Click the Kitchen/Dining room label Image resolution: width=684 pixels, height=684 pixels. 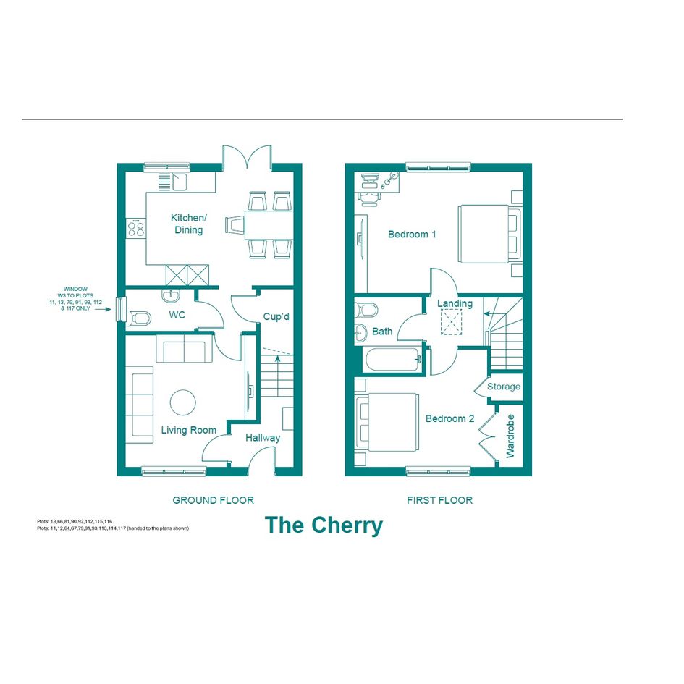pos(188,224)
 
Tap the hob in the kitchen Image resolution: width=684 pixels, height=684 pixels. pos(136,228)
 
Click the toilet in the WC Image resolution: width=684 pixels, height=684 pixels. pos(138,318)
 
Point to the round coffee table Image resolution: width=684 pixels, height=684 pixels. pos(183,402)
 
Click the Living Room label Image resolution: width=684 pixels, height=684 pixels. pos(188,430)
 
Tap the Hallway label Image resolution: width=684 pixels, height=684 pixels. pos(263,438)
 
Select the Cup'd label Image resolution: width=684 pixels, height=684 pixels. pos(276,316)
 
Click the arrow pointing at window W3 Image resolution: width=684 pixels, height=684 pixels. pos(103,309)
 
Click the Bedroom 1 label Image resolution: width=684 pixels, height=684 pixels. pos(412,235)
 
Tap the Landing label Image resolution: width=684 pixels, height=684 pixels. pos(455,303)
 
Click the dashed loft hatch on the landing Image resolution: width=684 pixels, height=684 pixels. pos(451,322)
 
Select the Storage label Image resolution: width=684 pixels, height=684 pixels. pos(503,387)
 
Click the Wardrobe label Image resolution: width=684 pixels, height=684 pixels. pos(510,436)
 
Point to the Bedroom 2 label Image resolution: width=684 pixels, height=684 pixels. pos(449,419)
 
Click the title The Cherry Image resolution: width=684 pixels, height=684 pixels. pos(324,525)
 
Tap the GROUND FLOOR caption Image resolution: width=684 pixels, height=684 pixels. pos(214,500)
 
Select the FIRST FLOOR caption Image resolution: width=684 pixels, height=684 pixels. pos(440,500)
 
